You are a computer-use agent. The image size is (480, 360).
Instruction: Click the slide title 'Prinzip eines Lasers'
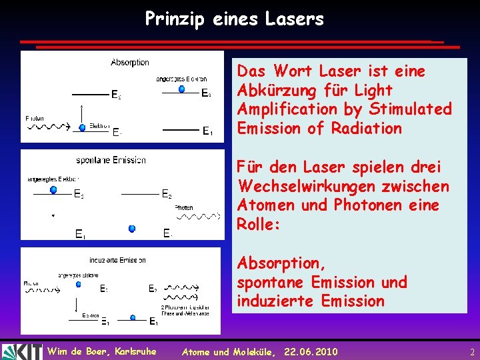click(235, 19)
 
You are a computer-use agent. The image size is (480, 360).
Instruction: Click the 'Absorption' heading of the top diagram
click(130, 63)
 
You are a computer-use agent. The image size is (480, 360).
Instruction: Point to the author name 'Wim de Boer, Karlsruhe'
click(101, 351)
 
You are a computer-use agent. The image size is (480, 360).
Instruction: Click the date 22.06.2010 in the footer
click(311, 351)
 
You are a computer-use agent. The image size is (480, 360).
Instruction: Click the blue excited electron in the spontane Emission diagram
click(53, 190)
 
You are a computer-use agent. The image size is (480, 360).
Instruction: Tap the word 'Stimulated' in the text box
click(415, 109)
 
